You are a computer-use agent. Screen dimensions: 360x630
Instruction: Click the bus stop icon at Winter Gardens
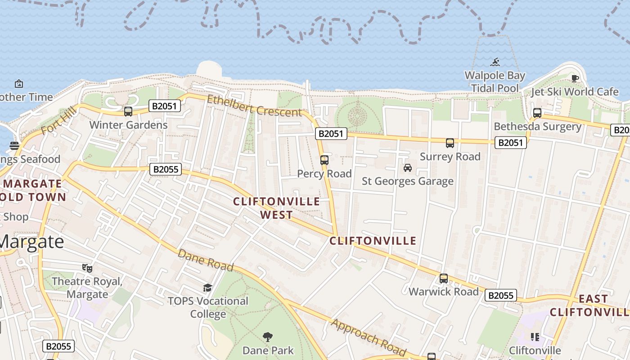[x=128, y=111]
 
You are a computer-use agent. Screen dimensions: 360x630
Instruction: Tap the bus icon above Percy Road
[x=324, y=160]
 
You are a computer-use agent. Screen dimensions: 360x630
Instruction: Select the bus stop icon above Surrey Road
[x=450, y=143]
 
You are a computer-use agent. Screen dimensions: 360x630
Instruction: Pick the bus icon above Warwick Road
[x=444, y=279]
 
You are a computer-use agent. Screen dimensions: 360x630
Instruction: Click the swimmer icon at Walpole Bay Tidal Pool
[x=495, y=62]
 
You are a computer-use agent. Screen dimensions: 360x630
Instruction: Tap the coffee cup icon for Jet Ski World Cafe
[x=575, y=79]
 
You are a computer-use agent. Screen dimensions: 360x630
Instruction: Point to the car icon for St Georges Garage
[x=408, y=168]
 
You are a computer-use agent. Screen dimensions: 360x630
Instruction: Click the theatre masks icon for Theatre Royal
[x=87, y=268]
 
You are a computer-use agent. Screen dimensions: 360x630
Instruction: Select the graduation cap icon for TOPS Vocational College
[x=207, y=288]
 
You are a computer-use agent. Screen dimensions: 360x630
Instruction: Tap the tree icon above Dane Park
[x=268, y=337]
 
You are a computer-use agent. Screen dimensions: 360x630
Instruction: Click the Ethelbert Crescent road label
[x=254, y=105]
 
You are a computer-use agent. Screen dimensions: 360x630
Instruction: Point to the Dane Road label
[x=206, y=260]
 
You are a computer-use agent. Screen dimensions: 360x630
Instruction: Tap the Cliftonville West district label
[x=276, y=208]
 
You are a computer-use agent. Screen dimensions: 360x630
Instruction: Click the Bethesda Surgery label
[x=537, y=126]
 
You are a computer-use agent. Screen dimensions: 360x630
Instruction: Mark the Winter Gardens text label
[x=128, y=125]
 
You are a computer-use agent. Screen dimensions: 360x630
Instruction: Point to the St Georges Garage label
[x=408, y=181]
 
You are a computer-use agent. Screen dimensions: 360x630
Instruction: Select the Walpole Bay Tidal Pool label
[x=495, y=81]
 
